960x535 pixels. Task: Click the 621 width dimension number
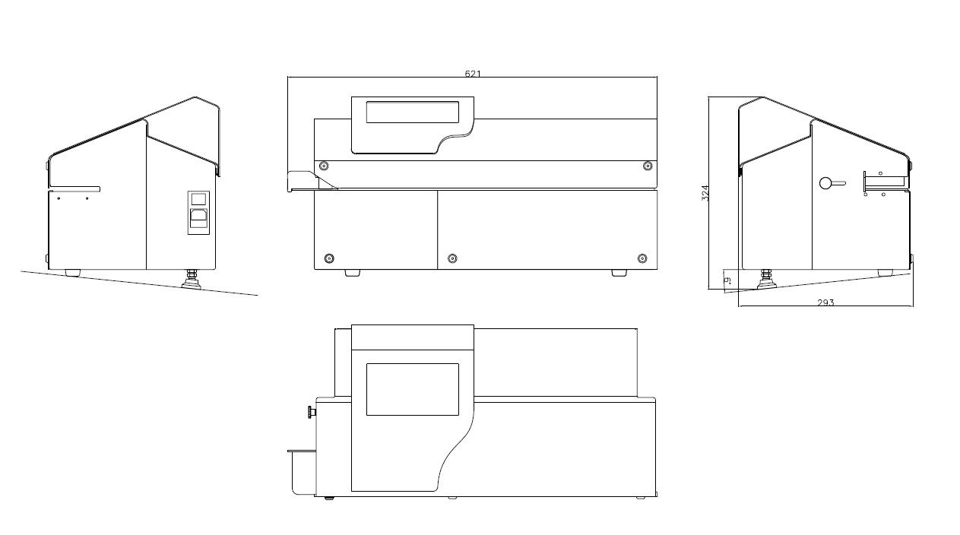(x=472, y=74)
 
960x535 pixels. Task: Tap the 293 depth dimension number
(x=825, y=302)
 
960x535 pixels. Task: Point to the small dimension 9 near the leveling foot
(x=727, y=280)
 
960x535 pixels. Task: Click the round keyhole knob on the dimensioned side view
(x=825, y=182)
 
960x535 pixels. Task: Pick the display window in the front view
(x=412, y=112)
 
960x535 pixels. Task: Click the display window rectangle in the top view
(x=412, y=389)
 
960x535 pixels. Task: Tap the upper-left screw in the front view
(x=325, y=166)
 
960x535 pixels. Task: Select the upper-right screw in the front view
(x=647, y=166)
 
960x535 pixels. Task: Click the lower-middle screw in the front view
(x=452, y=258)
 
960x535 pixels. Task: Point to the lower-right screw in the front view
(x=642, y=258)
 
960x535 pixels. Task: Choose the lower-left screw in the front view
(x=328, y=258)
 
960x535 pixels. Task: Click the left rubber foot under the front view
(x=352, y=272)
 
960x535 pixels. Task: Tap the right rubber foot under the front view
(x=619, y=272)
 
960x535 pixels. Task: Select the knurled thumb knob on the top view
(x=310, y=413)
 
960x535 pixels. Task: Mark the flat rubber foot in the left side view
(x=73, y=271)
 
